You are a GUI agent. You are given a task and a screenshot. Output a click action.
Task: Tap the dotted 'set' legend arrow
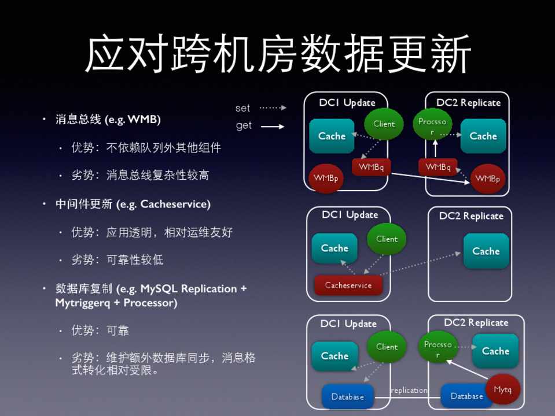(273, 107)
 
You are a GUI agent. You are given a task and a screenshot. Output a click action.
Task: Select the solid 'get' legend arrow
(273, 126)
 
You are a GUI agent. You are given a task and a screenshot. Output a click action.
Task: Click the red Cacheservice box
(348, 285)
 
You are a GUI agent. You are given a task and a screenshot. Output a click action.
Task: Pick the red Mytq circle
(502, 389)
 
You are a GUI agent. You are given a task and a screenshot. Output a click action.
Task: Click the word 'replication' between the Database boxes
(409, 390)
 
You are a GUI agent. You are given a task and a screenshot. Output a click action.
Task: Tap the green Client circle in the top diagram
(384, 124)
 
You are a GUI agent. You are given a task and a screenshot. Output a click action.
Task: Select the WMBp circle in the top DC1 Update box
(326, 179)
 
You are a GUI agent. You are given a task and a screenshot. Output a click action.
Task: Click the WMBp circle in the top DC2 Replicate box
(487, 179)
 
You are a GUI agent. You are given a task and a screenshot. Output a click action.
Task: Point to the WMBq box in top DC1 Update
(371, 167)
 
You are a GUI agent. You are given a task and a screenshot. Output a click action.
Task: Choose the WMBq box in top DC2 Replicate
(438, 167)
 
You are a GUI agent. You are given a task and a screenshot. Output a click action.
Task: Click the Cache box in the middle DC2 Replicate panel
(486, 251)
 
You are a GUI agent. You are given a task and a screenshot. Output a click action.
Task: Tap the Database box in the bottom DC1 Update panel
(347, 396)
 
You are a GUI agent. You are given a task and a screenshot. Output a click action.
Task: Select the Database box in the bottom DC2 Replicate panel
(466, 396)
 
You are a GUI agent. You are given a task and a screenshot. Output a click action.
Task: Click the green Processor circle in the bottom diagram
(438, 347)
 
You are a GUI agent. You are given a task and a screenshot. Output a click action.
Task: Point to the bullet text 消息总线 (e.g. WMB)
(108, 120)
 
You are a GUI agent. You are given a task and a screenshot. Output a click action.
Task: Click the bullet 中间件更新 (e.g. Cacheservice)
(133, 204)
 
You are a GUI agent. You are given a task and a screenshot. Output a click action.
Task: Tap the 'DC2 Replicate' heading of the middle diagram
(471, 216)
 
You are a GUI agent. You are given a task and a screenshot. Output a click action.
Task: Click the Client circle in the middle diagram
(387, 239)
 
